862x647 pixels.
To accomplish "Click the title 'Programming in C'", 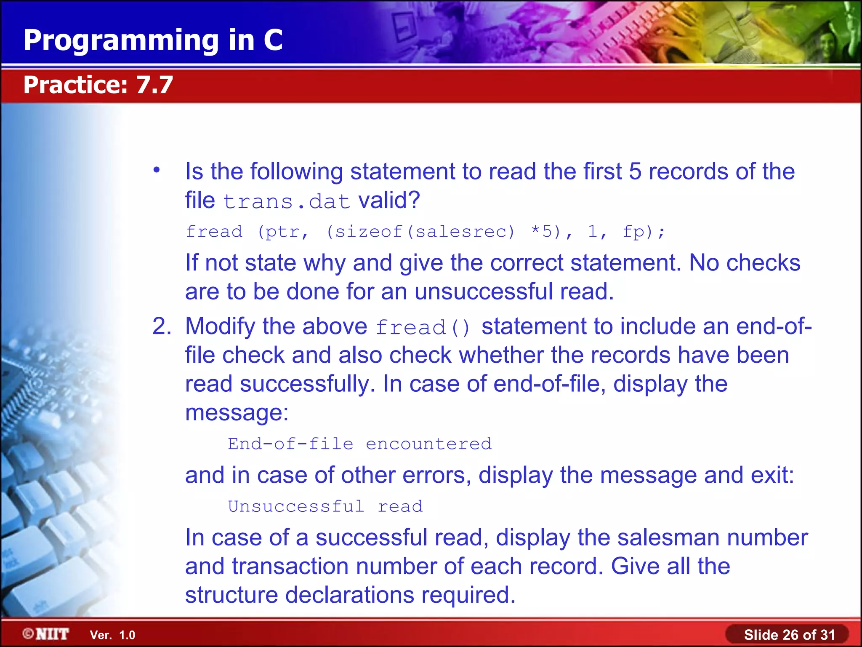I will pos(153,40).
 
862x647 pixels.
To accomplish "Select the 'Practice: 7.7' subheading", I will pos(98,85).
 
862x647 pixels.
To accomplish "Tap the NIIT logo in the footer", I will pos(46,634).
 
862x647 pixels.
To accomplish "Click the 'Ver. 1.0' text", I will pos(112,635).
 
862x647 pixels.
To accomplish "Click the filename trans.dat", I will pos(286,201).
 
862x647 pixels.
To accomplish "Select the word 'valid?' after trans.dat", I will pos(389,200).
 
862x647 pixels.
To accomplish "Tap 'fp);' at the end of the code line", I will pos(644,232).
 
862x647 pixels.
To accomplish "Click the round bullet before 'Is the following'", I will pos(157,170).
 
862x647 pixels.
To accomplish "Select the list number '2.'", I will pos(162,326).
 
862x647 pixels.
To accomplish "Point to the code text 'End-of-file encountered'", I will pos(359,444).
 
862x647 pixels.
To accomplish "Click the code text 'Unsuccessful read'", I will pos(325,506).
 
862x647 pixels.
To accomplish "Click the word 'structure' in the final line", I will pos(231,595).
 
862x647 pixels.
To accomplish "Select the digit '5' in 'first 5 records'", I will pos(635,172).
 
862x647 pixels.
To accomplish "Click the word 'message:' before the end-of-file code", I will pos(237,413).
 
